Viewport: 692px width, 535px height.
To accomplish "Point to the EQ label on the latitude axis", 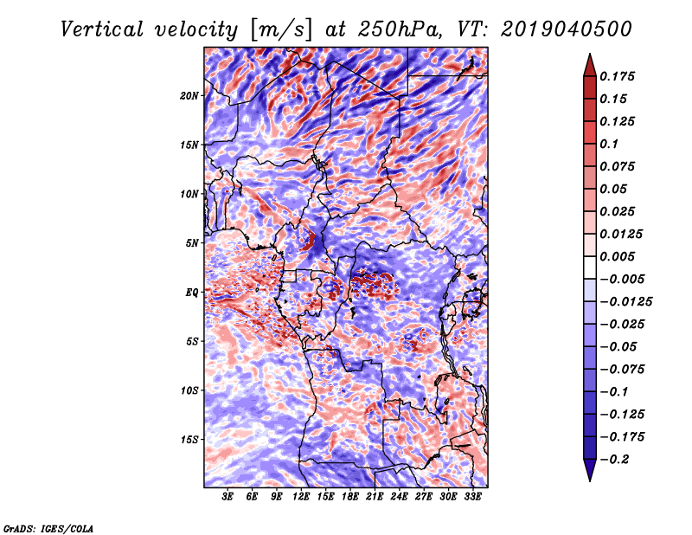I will coord(192,293).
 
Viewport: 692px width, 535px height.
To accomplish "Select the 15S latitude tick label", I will coord(189,440).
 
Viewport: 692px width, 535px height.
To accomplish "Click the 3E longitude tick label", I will coord(228,496).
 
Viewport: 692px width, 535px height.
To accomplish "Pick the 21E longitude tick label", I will coord(375,496).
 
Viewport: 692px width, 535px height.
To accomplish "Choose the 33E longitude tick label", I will coord(472,496).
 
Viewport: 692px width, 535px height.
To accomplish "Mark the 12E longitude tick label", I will coord(301,496).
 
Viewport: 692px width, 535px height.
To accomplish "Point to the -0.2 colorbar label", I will coord(618,459).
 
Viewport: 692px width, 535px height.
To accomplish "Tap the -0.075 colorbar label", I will coord(624,369).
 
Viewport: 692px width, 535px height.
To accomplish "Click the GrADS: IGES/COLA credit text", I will coord(48,527).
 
